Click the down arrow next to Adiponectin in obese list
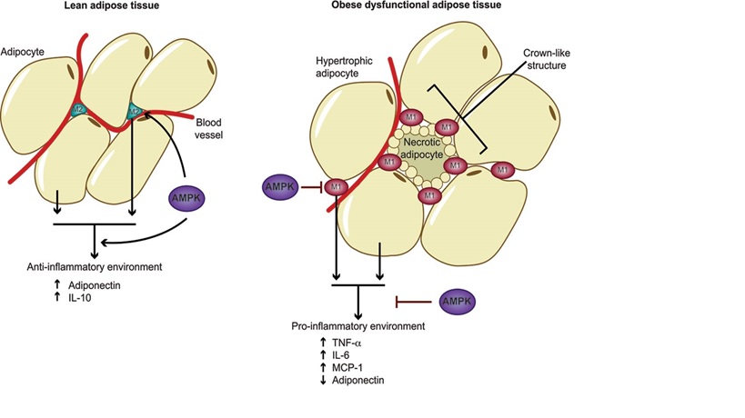(324, 380)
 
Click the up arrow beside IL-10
(55, 296)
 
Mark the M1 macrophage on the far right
(501, 170)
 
